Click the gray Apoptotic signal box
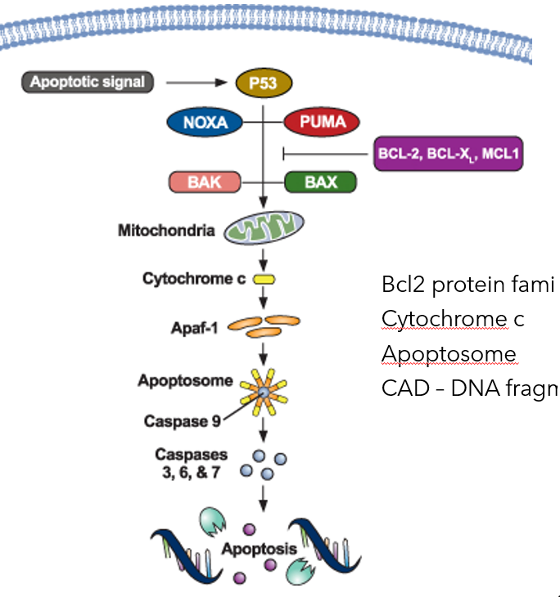tap(86, 82)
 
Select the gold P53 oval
tap(263, 83)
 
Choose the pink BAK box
tap(204, 182)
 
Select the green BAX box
tap(320, 182)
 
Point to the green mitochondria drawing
tap(264, 229)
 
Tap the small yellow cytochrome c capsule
tap(264, 280)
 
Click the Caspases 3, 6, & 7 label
tap(192, 462)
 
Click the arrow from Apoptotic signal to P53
tap(197, 82)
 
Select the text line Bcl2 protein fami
tap(467, 285)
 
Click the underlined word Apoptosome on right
tap(449, 353)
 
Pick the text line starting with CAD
tap(467, 388)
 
